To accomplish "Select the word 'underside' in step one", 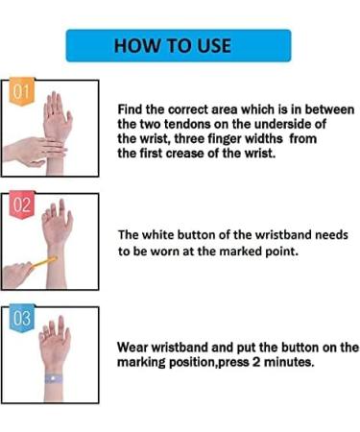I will [275, 125].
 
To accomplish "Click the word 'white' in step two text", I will [164, 235].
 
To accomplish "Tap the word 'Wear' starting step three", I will [133, 348].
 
